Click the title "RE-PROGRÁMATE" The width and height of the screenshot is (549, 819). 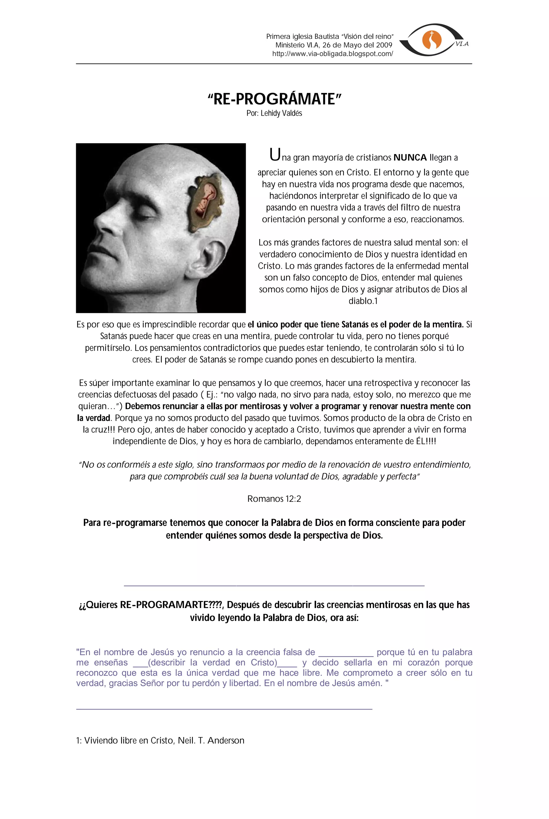click(x=274, y=99)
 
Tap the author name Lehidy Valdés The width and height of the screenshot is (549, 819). click(x=281, y=113)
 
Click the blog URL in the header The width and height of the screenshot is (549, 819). click(x=332, y=54)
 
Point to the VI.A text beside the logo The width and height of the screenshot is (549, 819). click(x=462, y=44)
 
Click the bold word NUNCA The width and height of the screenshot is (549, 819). click(x=410, y=158)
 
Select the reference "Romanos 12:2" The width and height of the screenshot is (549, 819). click(x=274, y=499)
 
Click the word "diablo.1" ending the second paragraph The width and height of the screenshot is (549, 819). click(x=363, y=301)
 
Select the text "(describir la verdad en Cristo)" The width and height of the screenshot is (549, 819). click(x=213, y=662)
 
